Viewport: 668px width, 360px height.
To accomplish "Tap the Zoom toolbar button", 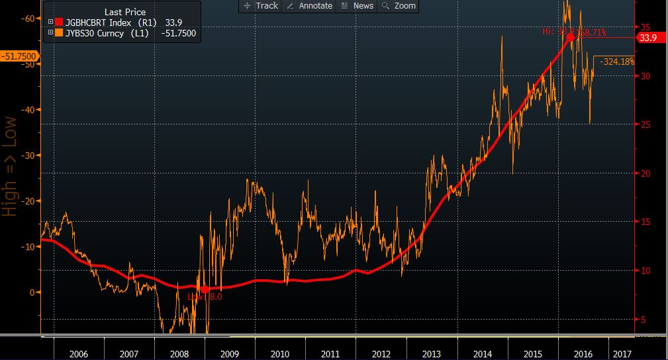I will (x=399, y=5).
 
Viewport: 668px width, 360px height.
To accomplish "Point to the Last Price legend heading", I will (x=125, y=12).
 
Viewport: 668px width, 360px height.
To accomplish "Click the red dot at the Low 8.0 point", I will (x=205, y=289).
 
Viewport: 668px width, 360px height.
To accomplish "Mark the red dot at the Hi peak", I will (x=569, y=38).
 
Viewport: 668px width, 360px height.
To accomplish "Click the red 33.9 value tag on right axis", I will (x=647, y=38).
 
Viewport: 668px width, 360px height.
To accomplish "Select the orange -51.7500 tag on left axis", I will (x=19, y=57).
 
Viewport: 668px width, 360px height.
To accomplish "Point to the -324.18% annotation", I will (x=617, y=62).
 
